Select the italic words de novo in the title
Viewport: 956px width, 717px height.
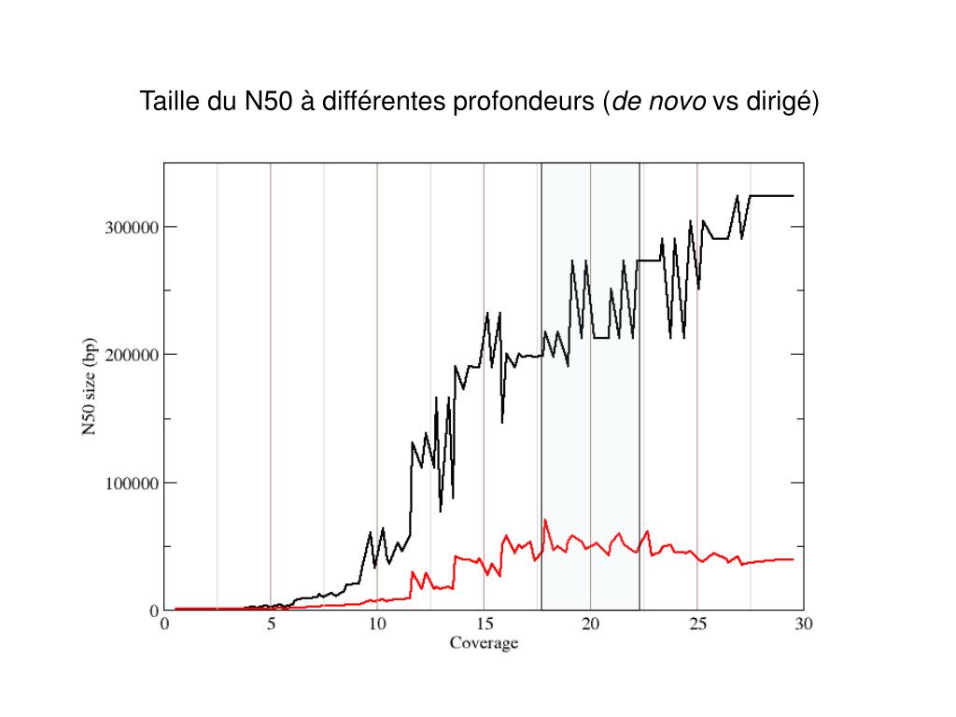pyautogui.click(x=658, y=101)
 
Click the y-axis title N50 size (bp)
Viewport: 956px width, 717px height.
pyautogui.click(x=90, y=386)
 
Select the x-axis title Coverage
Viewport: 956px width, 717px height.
pyautogui.click(x=484, y=643)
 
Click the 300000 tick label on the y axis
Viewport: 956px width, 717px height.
pyautogui.click(x=129, y=227)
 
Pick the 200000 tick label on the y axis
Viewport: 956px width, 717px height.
pyautogui.click(x=129, y=355)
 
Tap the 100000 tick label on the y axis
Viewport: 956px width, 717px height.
pyautogui.click(x=129, y=483)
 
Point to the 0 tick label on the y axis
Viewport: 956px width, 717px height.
pyautogui.click(x=155, y=611)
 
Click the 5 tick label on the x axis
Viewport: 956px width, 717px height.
pyautogui.click(x=271, y=625)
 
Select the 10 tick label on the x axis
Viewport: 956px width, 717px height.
pyautogui.click(x=377, y=625)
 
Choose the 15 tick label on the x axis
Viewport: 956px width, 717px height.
pyautogui.click(x=484, y=625)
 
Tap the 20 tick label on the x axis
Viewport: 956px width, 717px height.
pyautogui.click(x=590, y=625)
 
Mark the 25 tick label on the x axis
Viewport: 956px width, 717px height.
pyautogui.click(x=696, y=625)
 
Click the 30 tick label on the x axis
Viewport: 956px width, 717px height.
pyautogui.click(x=803, y=625)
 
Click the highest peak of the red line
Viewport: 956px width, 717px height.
pyautogui.click(x=545, y=520)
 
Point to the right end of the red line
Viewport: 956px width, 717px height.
pyautogui.click(x=793, y=559)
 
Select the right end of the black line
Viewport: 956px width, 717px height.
pyautogui.click(x=793, y=196)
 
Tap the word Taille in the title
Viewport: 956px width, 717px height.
pyautogui.click(x=171, y=101)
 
